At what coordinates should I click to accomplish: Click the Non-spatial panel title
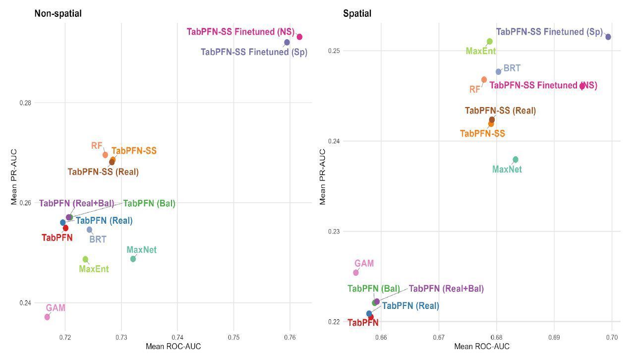pos(58,14)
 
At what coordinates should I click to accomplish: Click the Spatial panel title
pos(357,14)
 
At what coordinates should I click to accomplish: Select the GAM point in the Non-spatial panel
pos(47,317)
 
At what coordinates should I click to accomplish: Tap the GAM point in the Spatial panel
pos(356,273)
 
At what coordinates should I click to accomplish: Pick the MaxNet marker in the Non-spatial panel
pos(133,259)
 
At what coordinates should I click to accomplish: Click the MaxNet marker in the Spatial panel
pos(515,160)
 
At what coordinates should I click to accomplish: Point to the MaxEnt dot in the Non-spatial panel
pos(85,259)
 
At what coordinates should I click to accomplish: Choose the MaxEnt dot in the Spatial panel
pos(490,42)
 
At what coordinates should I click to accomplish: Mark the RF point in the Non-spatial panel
pos(105,155)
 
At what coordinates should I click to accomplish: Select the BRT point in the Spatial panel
pos(499,72)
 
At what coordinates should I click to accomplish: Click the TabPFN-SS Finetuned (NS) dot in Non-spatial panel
pos(299,37)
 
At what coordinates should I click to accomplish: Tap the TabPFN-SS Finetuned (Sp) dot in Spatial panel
pos(608,37)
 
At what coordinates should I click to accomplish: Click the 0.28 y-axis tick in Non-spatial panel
pos(25,103)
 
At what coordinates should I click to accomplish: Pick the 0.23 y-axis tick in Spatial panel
pos(334,232)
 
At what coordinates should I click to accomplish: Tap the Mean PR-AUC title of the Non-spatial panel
pos(15,177)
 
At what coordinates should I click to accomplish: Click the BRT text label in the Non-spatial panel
pos(98,240)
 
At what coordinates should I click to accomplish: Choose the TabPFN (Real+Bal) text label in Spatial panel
pos(446,289)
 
